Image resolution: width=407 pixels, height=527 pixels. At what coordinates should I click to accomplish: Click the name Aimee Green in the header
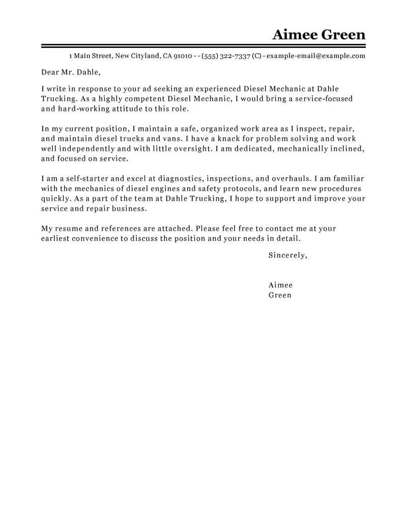(x=318, y=35)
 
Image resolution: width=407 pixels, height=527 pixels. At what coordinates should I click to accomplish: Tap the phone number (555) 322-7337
(x=226, y=56)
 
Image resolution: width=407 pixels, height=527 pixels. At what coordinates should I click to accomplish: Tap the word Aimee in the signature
(x=280, y=285)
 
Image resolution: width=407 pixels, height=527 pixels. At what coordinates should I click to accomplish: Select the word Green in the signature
(x=280, y=295)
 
